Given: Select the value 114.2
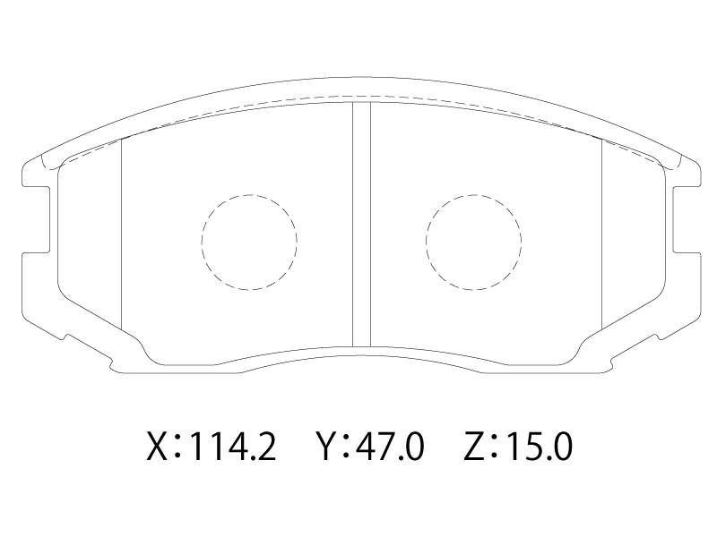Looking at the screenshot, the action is pos(232,446).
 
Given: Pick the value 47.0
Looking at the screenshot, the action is pos(391,446).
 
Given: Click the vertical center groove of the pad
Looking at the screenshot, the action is pos(361,225).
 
